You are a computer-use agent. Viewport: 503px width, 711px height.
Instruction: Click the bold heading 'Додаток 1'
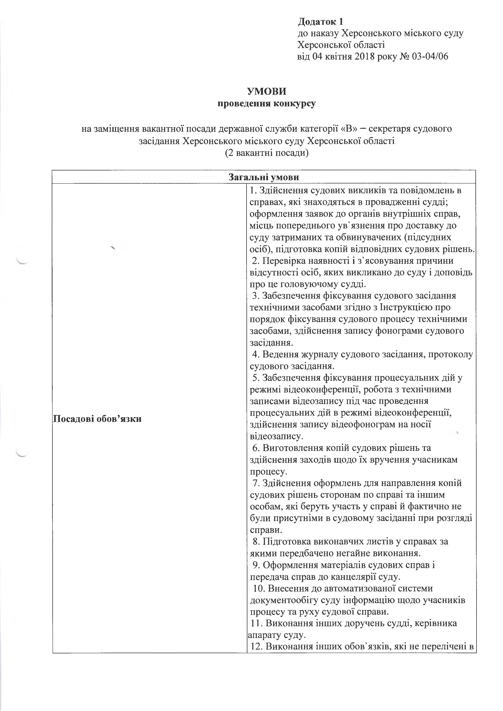coord(321,22)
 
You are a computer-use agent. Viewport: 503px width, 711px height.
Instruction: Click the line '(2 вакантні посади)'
coord(267,153)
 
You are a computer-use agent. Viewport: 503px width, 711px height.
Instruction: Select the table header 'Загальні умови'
coord(264,177)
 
